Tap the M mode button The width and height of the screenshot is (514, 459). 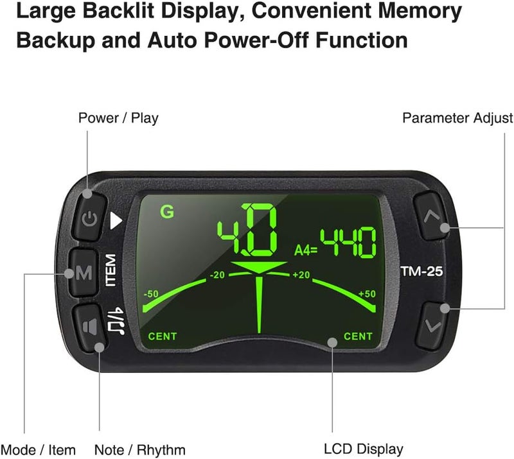click(83, 272)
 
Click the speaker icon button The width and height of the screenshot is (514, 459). click(89, 327)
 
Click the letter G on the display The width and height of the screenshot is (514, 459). click(167, 212)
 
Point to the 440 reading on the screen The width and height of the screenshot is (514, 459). click(348, 243)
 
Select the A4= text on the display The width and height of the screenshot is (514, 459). click(306, 250)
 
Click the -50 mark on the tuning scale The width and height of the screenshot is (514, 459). click(151, 294)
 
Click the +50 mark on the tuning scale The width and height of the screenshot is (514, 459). click(367, 293)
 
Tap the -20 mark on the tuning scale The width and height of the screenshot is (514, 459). click(217, 275)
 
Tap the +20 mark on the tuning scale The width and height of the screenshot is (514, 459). click(301, 275)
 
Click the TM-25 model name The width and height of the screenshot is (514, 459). click(421, 272)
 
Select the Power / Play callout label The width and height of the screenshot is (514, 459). click(118, 118)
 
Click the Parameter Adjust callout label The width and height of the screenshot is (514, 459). click(458, 118)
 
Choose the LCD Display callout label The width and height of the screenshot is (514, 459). click(364, 449)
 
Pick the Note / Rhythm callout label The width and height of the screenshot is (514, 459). click(140, 450)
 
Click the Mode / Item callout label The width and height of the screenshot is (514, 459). click(38, 450)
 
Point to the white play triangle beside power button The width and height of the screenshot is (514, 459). click(116, 220)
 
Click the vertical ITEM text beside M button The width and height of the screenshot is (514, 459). click(111, 270)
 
